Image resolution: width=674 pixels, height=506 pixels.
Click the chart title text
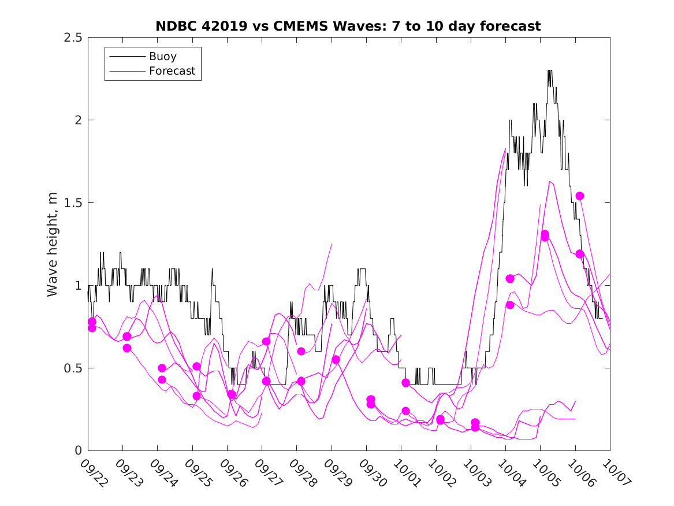tap(348, 26)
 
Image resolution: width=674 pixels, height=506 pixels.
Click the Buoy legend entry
tap(162, 57)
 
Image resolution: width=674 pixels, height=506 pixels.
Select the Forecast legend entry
tap(172, 71)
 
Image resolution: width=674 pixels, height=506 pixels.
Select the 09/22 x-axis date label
tap(92, 472)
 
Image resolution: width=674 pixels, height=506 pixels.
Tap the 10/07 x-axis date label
tap(613, 472)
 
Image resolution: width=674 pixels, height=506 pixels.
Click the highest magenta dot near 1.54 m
tap(580, 196)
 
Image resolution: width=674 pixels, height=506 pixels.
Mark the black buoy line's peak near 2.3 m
tap(549, 71)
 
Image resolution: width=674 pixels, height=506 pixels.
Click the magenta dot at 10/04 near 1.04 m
tap(510, 279)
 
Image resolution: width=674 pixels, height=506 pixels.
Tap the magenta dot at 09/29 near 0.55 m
tap(336, 360)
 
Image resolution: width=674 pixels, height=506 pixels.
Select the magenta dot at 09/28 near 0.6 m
tap(301, 351)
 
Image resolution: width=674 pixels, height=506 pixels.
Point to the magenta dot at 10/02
tap(440, 419)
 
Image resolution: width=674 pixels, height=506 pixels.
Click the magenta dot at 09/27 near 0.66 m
tap(266, 341)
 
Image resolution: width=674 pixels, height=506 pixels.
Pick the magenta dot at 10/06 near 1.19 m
tap(580, 254)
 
